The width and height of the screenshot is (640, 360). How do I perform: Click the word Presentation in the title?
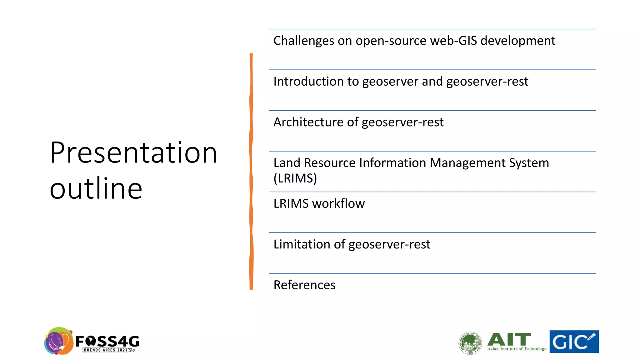click(133, 153)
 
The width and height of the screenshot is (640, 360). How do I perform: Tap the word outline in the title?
click(96, 188)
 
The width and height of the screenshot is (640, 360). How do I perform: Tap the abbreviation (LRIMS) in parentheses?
click(295, 178)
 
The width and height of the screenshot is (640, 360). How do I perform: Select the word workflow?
click(338, 204)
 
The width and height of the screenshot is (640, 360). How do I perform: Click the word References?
click(304, 285)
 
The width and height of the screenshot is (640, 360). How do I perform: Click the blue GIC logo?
click(574, 342)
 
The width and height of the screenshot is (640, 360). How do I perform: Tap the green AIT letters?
click(509, 339)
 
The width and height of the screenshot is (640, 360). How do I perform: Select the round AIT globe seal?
click(470, 343)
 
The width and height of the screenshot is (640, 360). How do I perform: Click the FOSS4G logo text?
click(107, 341)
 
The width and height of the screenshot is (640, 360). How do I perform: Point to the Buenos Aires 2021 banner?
click(107, 350)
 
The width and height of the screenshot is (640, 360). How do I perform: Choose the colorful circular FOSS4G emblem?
click(59, 341)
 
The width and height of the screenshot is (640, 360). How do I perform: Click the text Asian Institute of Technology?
click(517, 349)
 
